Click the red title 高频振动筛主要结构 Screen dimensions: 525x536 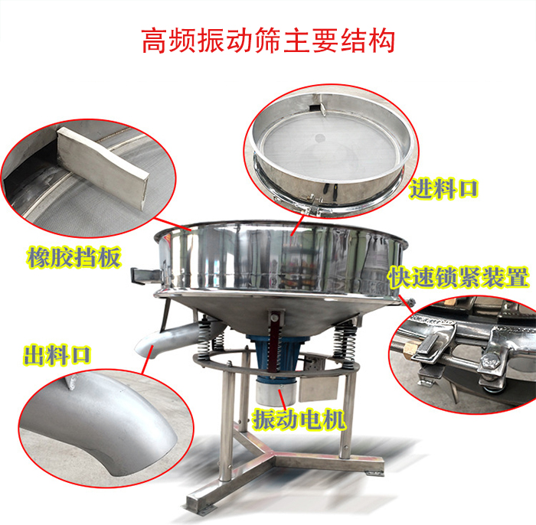click(x=268, y=41)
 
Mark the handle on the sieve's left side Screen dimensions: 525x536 click(x=141, y=272)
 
